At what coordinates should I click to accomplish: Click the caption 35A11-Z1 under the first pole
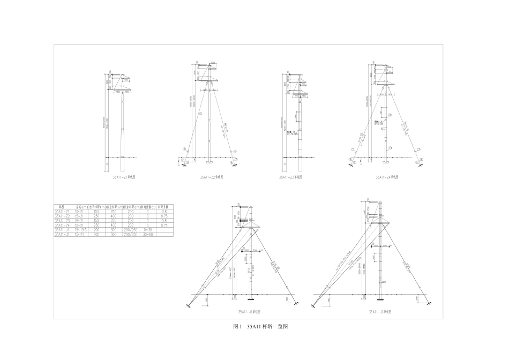click(x=123, y=176)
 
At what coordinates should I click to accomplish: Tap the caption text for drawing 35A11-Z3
click(x=290, y=177)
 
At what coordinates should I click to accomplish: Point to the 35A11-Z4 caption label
click(x=387, y=176)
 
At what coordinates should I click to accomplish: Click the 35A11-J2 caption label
click(x=379, y=311)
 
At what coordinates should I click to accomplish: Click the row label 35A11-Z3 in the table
click(x=63, y=221)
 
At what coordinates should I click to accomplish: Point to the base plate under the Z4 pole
click(x=385, y=160)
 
